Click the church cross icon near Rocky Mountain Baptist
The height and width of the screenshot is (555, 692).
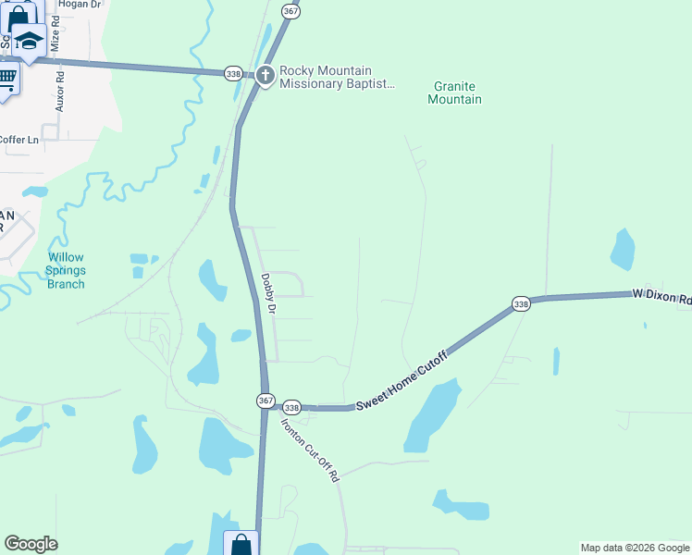[x=266, y=75]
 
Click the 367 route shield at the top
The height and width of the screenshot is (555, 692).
[x=290, y=11]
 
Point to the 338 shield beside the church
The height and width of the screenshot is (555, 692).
[x=234, y=73]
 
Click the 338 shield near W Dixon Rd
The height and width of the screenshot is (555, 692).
[x=521, y=303]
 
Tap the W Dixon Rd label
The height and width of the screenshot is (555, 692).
[x=661, y=296]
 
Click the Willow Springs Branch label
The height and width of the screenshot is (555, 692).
[x=66, y=271]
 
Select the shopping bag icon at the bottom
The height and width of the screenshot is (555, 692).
[x=241, y=544]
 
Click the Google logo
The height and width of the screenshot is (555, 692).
[x=31, y=544]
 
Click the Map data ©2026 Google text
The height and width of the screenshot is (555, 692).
[x=634, y=548]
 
